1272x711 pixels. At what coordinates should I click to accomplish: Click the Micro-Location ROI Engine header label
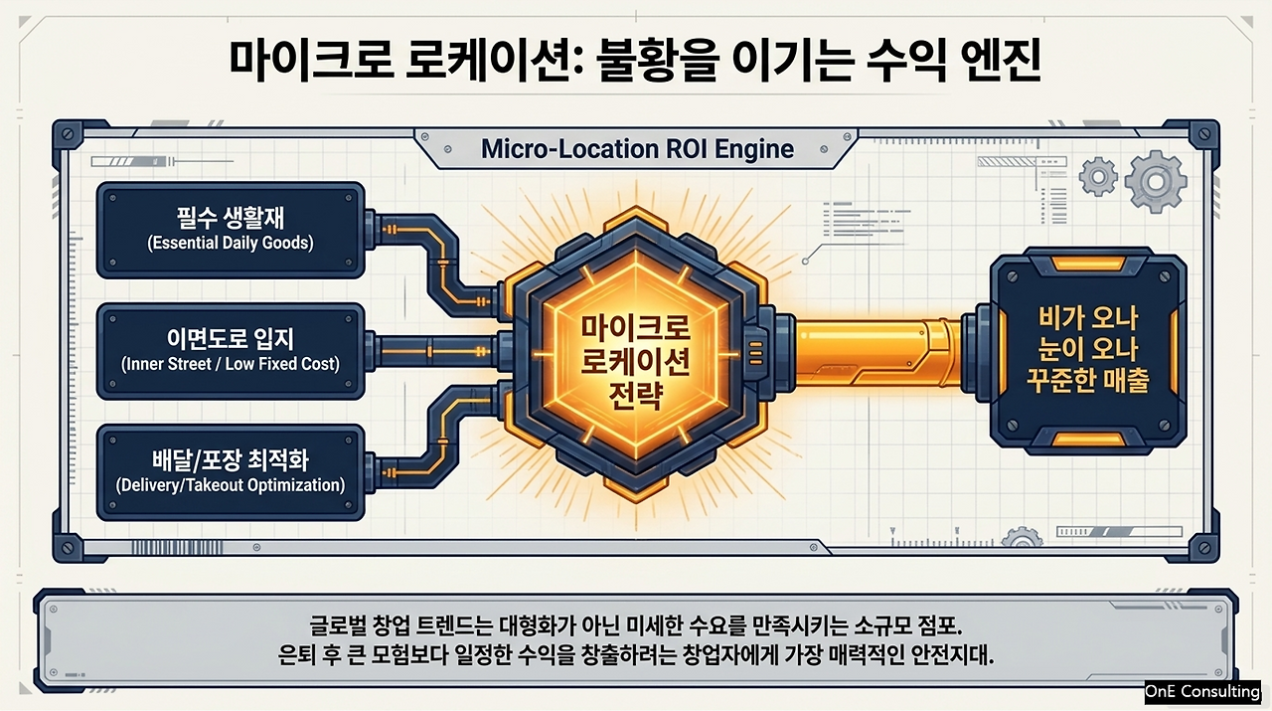637,149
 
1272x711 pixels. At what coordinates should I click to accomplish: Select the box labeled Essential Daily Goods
231,230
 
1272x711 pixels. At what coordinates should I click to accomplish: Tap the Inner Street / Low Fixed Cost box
231,351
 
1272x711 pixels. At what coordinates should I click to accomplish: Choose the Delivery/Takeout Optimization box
231,472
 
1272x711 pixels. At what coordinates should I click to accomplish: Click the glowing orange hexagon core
636,355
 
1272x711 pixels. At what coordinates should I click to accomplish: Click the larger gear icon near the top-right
1155,181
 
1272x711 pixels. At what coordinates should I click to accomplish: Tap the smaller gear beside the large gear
1098,177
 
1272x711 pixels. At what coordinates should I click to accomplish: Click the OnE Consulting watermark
1202,691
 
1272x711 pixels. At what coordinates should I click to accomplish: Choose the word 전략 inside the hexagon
636,395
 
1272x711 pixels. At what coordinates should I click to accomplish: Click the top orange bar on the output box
1088,264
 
